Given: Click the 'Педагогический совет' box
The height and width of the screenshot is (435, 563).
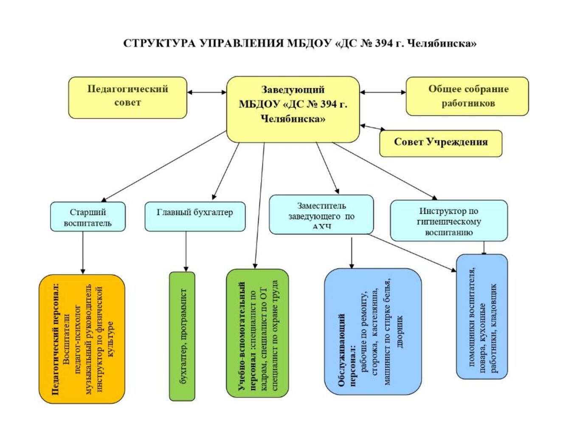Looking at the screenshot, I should (x=127, y=97).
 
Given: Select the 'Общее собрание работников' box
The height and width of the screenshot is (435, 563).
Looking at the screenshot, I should (x=467, y=96).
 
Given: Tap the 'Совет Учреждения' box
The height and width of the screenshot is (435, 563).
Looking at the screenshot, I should (x=440, y=143).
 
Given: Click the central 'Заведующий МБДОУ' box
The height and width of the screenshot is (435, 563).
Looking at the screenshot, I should (x=293, y=109).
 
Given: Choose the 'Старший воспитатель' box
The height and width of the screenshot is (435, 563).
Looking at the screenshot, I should (x=87, y=217).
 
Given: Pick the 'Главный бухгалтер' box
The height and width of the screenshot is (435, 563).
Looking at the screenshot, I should (x=195, y=216).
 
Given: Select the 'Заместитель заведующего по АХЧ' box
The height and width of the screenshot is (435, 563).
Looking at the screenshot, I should (x=321, y=215).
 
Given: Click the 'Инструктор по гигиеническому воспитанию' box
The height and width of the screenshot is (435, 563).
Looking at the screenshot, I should (x=448, y=221).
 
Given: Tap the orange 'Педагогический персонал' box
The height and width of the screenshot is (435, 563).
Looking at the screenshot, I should (x=82, y=339).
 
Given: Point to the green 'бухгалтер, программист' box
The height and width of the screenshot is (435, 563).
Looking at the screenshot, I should (x=182, y=336).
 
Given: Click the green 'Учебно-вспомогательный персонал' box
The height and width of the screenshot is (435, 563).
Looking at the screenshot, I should (x=257, y=333).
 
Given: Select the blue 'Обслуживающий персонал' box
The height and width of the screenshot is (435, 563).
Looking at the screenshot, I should (x=373, y=331).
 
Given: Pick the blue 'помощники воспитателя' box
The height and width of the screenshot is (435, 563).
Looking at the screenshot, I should (x=482, y=316).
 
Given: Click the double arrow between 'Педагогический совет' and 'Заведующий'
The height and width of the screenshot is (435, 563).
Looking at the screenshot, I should (x=207, y=92).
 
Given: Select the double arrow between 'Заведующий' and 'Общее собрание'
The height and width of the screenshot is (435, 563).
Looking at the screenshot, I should (x=383, y=92).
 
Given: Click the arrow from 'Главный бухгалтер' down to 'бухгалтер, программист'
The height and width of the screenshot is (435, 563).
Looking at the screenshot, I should (x=186, y=251).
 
